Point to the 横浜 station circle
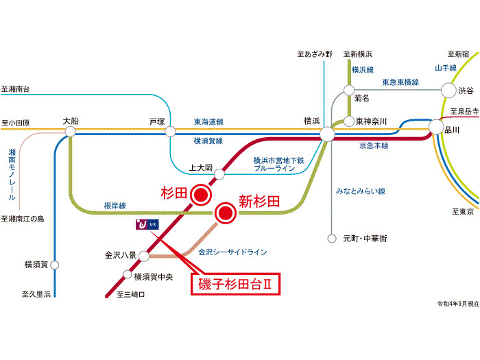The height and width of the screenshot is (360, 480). point(326,132)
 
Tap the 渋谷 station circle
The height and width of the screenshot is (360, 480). point(448,90)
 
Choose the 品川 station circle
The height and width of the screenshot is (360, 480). point(436,127)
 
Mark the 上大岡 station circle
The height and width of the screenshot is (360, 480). point(219,174)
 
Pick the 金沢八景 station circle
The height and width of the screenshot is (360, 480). point(144,256)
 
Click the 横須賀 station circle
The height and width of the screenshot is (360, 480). point(55,264)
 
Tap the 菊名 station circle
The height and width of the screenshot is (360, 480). point(349,90)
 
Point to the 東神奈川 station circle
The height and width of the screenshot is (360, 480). point(348,121)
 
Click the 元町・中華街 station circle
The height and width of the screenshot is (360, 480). point(331,239)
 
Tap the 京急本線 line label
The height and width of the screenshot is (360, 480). point(373,145)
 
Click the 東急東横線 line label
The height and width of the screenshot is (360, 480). point(400,82)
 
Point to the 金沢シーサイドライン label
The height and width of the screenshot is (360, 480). point(232,252)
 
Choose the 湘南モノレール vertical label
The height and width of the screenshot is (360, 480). point(12,176)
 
